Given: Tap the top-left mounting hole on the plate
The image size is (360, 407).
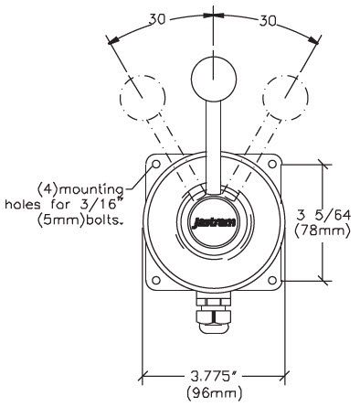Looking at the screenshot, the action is [x=154, y=165].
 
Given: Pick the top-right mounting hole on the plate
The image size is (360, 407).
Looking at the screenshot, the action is [x=270, y=165].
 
